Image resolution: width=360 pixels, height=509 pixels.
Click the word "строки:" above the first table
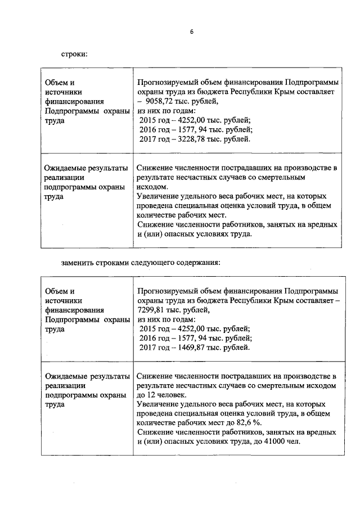74,54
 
